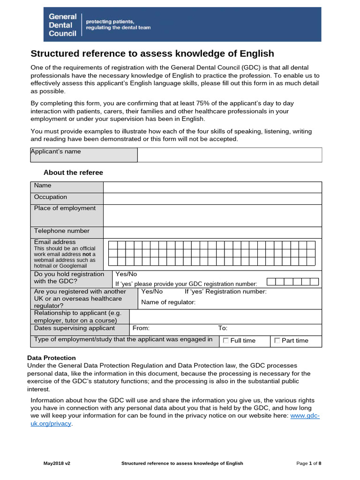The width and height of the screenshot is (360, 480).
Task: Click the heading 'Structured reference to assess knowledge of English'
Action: (x=152, y=53)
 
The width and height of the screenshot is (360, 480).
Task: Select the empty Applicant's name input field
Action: (x=229, y=155)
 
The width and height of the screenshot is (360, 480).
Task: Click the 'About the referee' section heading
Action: (x=73, y=172)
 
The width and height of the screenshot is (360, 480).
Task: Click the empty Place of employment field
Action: (x=212, y=216)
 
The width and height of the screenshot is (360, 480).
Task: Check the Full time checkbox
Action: (x=226, y=340)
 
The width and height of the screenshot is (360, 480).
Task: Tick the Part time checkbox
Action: (x=277, y=340)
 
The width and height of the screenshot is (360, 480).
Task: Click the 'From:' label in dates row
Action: (x=141, y=329)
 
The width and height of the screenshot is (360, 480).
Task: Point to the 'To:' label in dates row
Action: (x=223, y=329)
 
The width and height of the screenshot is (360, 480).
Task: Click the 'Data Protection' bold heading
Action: (x=52, y=358)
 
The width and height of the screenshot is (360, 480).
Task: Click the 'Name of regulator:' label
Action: (x=168, y=302)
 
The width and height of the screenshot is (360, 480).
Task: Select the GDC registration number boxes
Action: (x=292, y=281)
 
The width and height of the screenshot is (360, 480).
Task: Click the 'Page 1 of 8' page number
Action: (x=309, y=463)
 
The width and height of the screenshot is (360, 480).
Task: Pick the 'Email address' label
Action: (x=55, y=242)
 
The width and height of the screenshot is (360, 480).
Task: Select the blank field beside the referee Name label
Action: (x=212, y=187)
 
